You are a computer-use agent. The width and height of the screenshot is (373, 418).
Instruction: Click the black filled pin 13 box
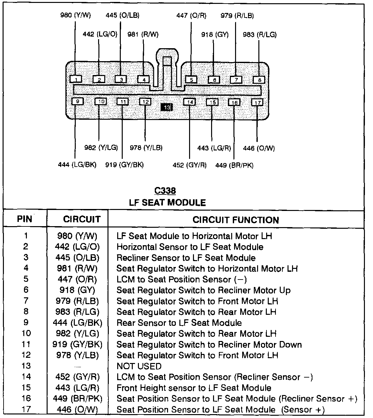[166, 107]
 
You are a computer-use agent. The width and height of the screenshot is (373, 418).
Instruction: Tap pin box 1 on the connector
[76, 79]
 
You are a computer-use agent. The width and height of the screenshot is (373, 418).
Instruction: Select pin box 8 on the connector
[259, 80]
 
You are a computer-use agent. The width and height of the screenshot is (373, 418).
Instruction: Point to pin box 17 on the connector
[257, 103]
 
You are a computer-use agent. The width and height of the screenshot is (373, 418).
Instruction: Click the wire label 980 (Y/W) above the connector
[75, 15]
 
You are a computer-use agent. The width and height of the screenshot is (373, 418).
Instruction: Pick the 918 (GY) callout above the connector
[215, 35]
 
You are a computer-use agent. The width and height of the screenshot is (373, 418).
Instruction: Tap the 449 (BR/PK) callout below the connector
[234, 165]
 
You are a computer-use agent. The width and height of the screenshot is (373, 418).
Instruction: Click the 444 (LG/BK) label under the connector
[77, 165]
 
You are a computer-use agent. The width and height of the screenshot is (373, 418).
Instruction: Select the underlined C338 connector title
[165, 191]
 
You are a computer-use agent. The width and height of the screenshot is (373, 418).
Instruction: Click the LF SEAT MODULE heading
[167, 203]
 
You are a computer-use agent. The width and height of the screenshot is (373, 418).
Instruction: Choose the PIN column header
[25, 219]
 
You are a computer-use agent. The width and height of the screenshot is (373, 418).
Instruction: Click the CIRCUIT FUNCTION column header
[236, 220]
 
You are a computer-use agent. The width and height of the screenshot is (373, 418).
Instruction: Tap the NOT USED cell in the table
[139, 366]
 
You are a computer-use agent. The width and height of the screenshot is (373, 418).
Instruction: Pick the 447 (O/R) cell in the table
[77, 279]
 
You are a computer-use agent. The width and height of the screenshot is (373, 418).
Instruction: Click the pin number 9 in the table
[26, 322]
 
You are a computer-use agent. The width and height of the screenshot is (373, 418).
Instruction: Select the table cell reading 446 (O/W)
[77, 410]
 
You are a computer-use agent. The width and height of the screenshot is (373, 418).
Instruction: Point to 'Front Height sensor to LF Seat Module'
[194, 388]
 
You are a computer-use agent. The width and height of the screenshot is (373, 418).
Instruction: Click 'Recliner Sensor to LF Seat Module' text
[186, 258]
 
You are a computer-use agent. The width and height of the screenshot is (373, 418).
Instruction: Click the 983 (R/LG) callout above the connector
[260, 35]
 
